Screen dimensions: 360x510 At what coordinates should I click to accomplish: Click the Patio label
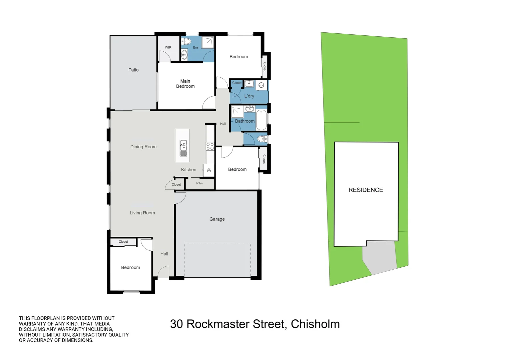133,70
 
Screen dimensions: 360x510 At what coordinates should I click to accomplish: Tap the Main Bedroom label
185,84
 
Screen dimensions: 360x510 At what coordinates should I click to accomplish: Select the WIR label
168,48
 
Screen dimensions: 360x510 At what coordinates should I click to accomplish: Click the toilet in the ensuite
186,41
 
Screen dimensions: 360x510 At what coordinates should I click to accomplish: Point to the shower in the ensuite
208,42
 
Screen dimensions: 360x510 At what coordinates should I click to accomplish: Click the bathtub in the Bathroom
261,120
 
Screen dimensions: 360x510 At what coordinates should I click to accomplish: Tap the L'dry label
249,96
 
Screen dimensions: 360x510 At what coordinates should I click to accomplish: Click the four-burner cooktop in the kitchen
210,146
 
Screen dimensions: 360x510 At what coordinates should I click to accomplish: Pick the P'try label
199,183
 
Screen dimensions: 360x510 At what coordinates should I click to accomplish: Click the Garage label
217,219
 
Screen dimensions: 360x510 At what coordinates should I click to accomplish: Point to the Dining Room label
143,147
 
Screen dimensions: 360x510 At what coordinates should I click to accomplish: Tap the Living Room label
142,213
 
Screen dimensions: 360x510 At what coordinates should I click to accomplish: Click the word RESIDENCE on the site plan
366,190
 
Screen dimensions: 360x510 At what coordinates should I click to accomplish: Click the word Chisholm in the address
315,324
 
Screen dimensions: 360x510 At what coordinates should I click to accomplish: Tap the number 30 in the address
176,324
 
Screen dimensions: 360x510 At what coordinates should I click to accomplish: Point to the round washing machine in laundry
262,85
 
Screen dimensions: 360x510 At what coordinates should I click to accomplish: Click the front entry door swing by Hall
163,272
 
